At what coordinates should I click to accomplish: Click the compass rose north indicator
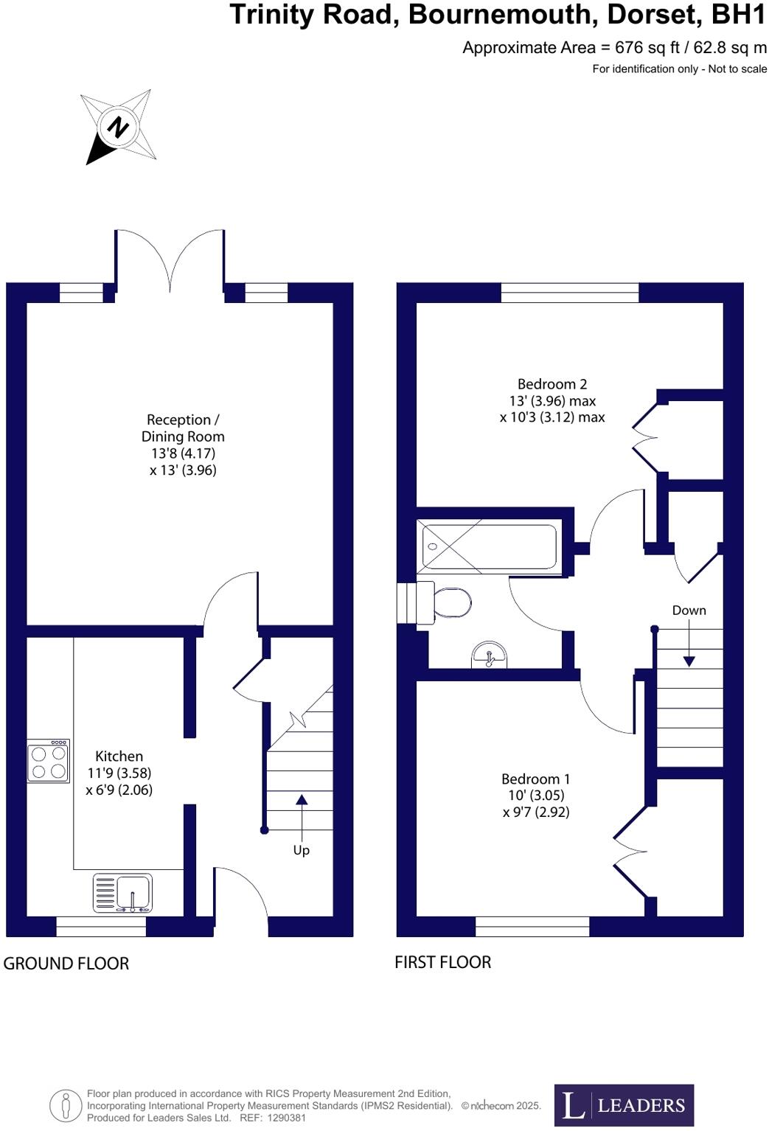click(x=118, y=128)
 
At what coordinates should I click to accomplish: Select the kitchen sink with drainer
click(x=123, y=893)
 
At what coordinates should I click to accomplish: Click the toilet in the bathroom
click(x=450, y=602)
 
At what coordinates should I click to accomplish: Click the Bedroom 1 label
click(x=535, y=779)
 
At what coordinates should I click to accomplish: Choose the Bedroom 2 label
click(x=552, y=384)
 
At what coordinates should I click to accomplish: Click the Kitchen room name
click(x=119, y=756)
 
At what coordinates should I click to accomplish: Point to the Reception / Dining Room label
click(x=183, y=428)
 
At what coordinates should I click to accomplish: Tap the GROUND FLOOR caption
click(x=66, y=964)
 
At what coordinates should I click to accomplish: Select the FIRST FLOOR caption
click(x=442, y=962)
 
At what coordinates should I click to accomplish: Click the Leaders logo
click(x=624, y=1104)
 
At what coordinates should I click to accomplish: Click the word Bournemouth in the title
click(x=503, y=15)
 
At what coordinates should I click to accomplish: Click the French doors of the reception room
click(x=170, y=260)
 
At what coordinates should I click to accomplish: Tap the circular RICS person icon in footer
click(x=66, y=1105)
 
